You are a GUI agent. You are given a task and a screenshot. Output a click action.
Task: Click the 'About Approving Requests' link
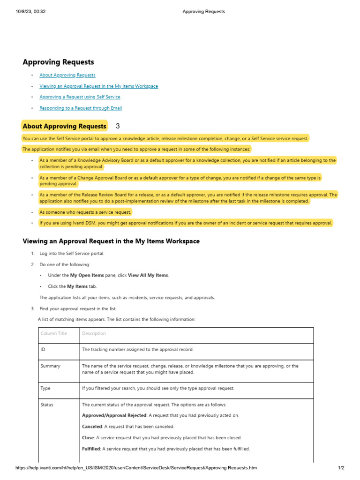[67, 75]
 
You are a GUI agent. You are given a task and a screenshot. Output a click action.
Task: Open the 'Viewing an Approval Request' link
[98, 86]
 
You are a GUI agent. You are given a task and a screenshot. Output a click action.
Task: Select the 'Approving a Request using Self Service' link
[80, 97]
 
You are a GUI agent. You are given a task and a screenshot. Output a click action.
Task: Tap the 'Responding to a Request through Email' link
[81, 108]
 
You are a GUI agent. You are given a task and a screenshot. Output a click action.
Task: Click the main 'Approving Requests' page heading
[58, 62]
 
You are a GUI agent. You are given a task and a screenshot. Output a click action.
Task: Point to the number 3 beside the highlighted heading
[118, 126]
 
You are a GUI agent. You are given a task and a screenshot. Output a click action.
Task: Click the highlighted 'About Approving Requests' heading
[64, 126]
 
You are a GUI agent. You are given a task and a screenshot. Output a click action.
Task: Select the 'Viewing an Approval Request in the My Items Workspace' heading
[111, 241]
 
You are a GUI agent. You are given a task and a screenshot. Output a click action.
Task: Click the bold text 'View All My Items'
[148, 276]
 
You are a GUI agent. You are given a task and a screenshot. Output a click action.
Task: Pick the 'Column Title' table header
[53, 334]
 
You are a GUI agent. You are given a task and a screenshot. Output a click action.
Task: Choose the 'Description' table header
[94, 334]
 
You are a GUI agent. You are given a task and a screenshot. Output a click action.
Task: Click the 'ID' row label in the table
[43, 350]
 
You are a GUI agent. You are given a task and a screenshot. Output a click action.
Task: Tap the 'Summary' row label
[50, 366]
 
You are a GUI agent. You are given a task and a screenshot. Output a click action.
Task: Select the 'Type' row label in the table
[45, 388]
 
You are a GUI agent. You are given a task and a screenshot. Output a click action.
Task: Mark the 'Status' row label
[47, 405]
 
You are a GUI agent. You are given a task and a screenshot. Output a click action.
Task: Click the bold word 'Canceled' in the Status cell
[92, 427]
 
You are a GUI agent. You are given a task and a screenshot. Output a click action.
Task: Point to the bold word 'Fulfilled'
[91, 449]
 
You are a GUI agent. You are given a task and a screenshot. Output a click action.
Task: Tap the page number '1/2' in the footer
[341, 468]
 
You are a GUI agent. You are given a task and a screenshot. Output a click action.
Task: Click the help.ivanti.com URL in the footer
[136, 468]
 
